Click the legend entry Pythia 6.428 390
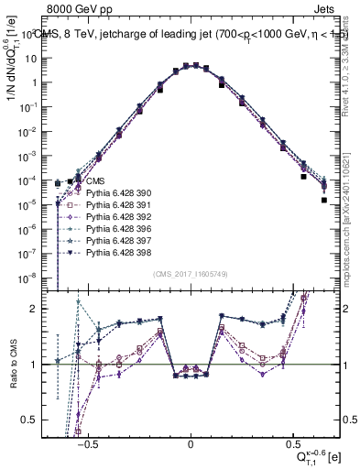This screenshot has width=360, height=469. [x=103, y=193]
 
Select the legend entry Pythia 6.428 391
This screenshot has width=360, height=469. [x=103, y=205]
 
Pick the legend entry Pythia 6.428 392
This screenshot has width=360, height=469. [x=103, y=216]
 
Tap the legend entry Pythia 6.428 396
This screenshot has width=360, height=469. [x=103, y=228]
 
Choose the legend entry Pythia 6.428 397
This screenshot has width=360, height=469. [x=103, y=239]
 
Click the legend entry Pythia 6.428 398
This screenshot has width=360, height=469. [x=103, y=251]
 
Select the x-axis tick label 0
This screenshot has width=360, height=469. [x=191, y=442]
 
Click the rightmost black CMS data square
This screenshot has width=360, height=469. [x=323, y=199]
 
